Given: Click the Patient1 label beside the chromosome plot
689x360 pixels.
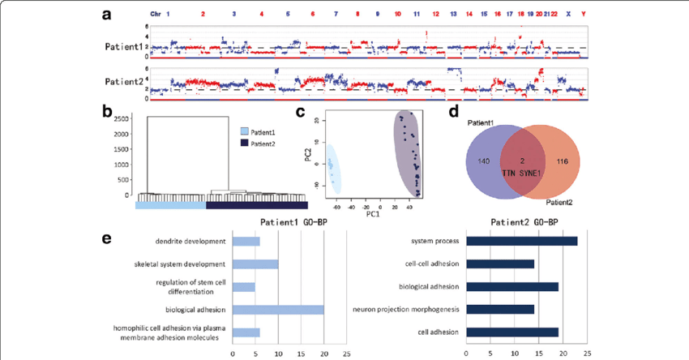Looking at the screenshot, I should tap(125, 47).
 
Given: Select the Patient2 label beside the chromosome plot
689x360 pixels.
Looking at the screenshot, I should tap(125, 81).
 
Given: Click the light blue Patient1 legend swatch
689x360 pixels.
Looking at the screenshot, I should tap(246, 130).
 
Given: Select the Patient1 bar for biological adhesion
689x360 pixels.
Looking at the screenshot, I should tap(278, 309).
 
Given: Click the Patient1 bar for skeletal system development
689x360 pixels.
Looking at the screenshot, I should tap(255, 264).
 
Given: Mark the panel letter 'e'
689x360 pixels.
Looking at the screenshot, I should tap(107, 238).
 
